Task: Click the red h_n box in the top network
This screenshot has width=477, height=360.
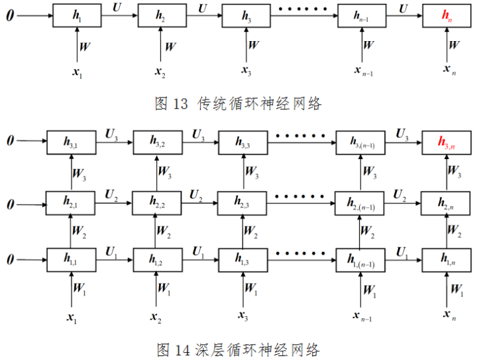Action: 448,16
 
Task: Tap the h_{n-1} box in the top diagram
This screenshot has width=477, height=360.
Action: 362,16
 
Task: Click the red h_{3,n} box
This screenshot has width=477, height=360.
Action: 448,142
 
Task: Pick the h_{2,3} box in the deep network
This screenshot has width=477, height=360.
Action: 243,201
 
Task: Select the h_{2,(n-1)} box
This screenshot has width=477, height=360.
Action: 362,201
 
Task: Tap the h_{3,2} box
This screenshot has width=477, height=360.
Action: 158,142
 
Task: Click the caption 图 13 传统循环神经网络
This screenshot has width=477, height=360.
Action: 238,103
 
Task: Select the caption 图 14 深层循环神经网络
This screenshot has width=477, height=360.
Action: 238,349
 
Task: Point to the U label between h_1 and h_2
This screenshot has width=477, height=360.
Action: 117,7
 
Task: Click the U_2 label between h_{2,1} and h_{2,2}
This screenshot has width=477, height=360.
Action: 112,194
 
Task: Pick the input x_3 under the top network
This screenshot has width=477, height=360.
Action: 246,70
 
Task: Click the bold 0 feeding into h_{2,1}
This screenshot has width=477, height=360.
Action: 10,201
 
